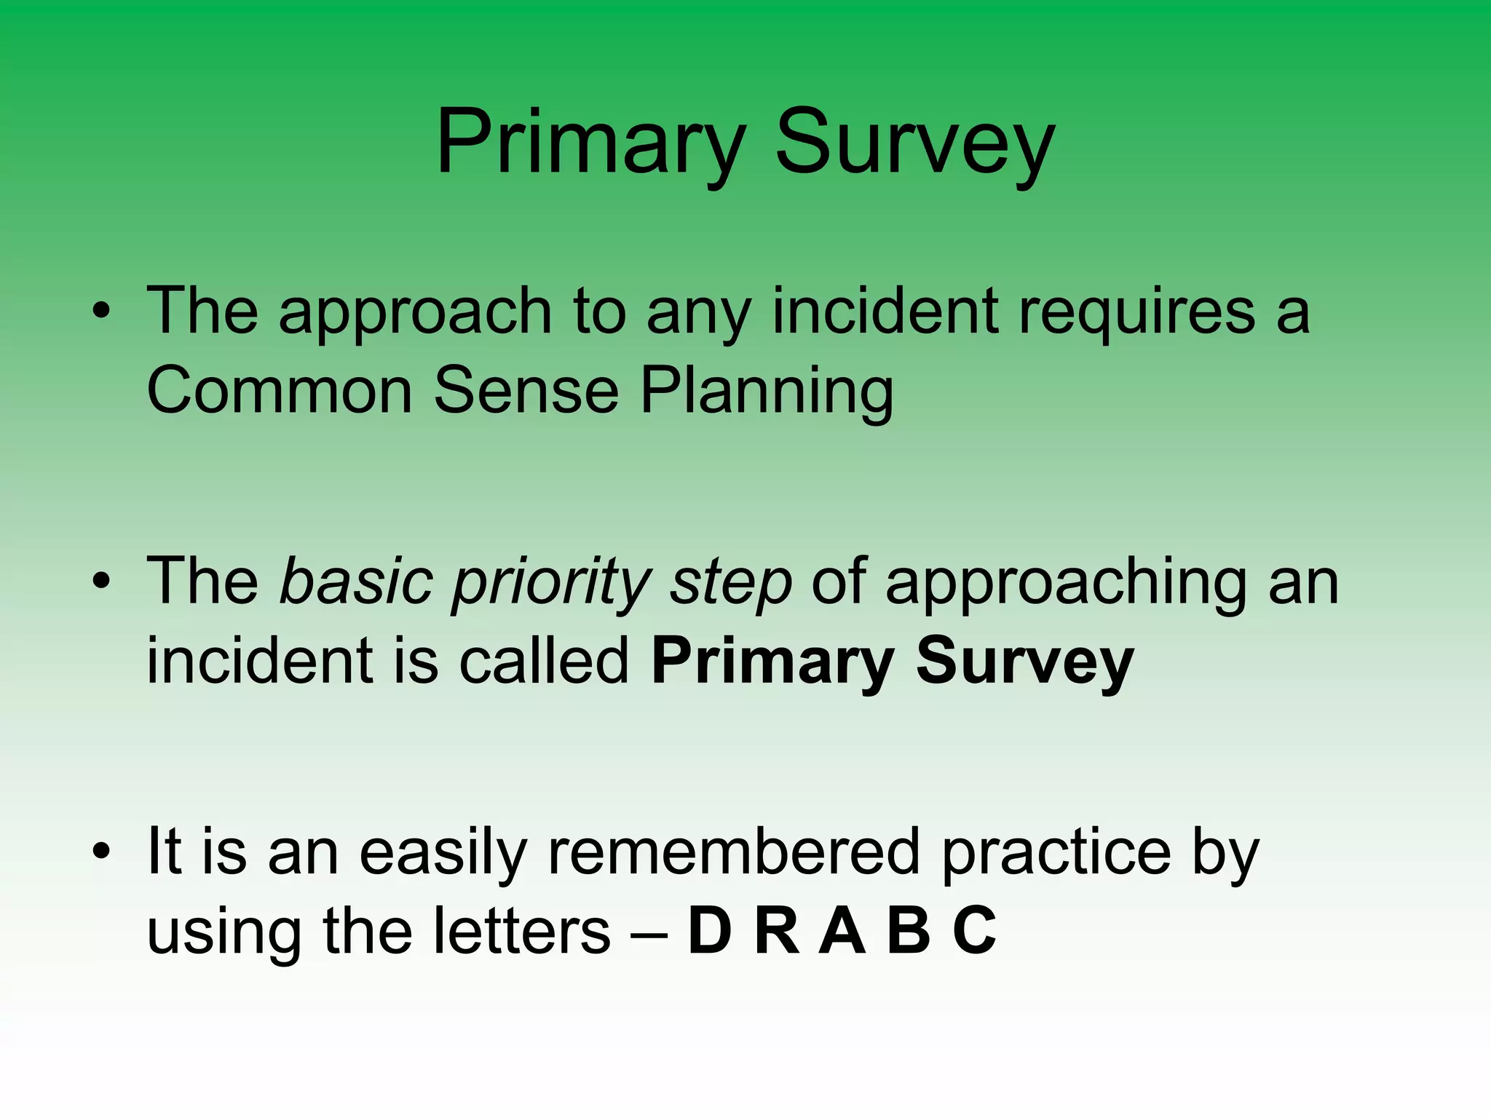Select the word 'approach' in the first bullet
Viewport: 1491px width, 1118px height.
pyautogui.click(x=415, y=313)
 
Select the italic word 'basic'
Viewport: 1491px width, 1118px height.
pyautogui.click(x=357, y=582)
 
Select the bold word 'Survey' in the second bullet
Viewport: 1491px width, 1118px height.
pyautogui.click(x=1024, y=662)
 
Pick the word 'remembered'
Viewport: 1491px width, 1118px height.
pyautogui.click(x=734, y=852)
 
